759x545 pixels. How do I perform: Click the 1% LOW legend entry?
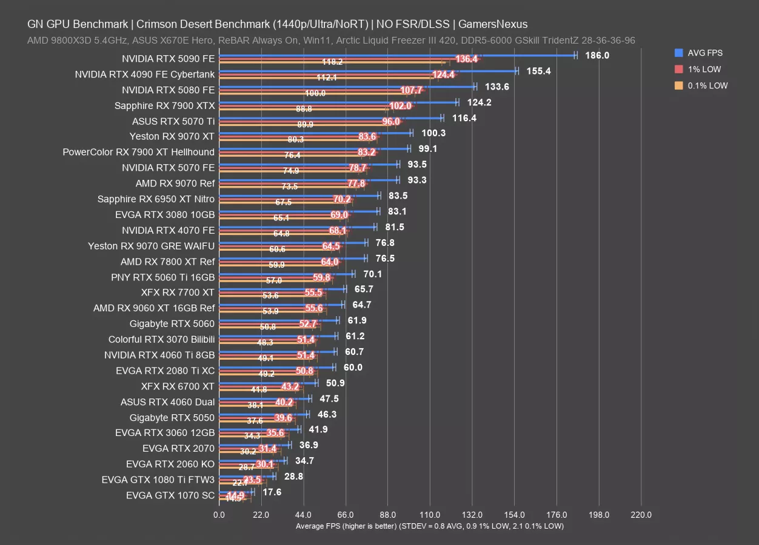(x=704, y=69)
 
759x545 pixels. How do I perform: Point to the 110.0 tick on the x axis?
(x=430, y=515)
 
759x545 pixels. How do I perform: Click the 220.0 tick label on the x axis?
(x=641, y=515)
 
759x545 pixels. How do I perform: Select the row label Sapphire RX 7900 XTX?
(x=164, y=105)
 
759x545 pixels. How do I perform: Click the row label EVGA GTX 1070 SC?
(x=170, y=495)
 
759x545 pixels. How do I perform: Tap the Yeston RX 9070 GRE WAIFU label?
(x=151, y=246)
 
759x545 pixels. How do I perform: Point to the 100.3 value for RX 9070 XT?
(x=434, y=134)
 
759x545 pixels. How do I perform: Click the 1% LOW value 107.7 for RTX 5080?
(x=412, y=90)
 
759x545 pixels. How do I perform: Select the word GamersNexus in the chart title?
(x=493, y=24)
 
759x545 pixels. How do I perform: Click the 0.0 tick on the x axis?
(x=219, y=515)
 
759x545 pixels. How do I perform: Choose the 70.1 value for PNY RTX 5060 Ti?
(x=372, y=274)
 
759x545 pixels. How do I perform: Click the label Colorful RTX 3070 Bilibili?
(x=161, y=339)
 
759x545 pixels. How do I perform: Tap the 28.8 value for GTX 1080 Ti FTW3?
(x=293, y=477)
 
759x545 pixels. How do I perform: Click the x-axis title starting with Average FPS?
(x=430, y=526)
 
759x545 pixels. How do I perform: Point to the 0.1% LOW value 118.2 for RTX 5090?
(x=332, y=62)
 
